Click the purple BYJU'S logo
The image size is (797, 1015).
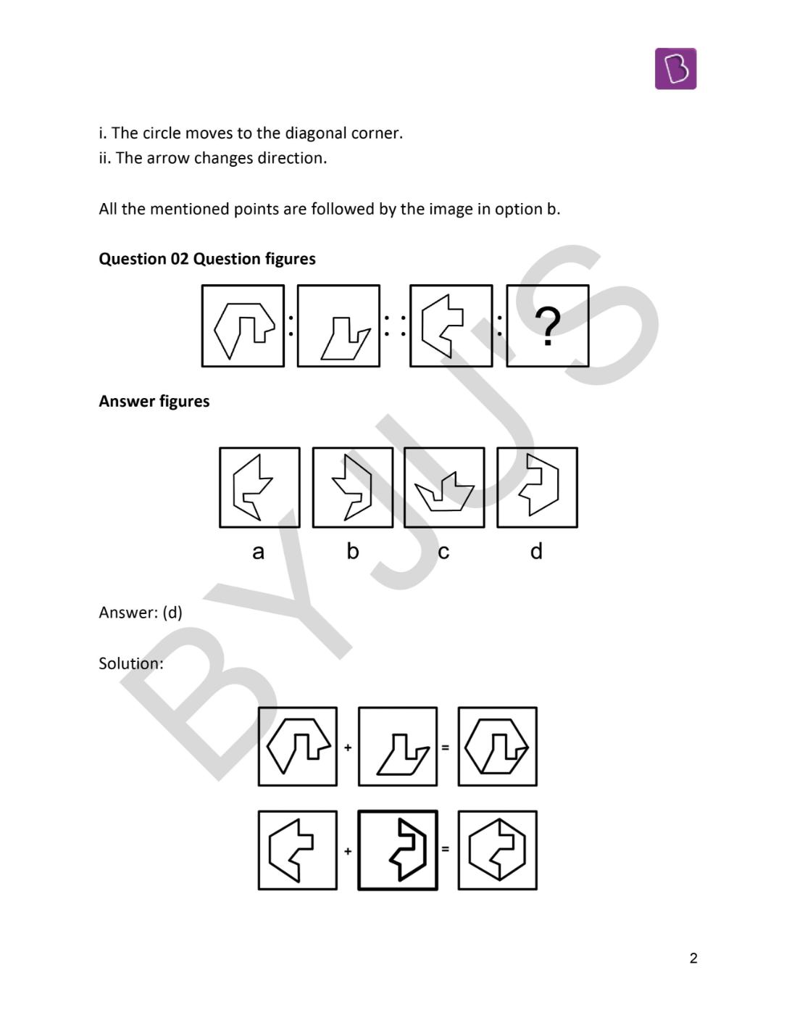(675, 69)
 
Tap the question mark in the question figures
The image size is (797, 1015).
(548, 326)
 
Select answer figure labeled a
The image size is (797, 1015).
(259, 487)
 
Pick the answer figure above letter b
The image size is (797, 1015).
(353, 487)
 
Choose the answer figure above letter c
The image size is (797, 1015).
(444, 487)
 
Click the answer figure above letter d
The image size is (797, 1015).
(537, 487)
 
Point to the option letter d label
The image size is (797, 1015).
(536, 552)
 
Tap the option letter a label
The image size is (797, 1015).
(258, 552)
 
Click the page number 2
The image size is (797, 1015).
(693, 958)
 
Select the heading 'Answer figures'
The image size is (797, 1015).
(154, 402)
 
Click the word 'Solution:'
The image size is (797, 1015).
(131, 663)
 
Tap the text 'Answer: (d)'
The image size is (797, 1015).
(141, 613)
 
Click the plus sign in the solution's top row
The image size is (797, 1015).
(348, 747)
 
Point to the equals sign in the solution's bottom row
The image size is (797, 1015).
(445, 849)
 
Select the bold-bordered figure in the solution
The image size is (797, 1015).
(398, 850)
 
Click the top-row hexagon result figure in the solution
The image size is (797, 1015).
(497, 747)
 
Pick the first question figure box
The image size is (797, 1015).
(243, 326)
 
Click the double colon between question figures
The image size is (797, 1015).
(395, 326)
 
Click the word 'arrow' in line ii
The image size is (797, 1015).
(163, 158)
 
